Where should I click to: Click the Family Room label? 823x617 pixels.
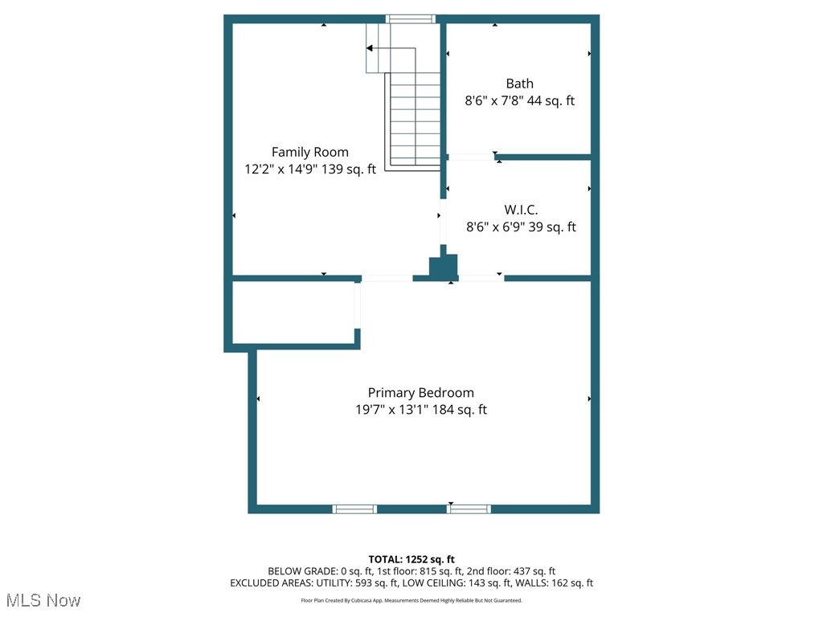pos(309,152)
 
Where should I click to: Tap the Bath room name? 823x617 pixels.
pos(520,84)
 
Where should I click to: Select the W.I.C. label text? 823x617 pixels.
pos(521,210)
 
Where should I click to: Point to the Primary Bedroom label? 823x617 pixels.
pos(421,393)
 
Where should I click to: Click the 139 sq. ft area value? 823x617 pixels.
pos(349,169)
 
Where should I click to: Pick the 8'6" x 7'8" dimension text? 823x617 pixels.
pos(493,100)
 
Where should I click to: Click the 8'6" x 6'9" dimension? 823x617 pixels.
pos(495,227)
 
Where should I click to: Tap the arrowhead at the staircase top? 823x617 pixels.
pos(370,48)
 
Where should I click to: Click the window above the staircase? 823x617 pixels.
pos(411,19)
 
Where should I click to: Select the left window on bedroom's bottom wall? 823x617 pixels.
pos(354,509)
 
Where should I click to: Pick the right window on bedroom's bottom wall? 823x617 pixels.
pos(469,509)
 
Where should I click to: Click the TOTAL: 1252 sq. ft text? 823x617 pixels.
pos(411,559)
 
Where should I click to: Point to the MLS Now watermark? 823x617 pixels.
pos(43,600)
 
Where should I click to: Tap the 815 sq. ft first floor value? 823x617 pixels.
pos(441,571)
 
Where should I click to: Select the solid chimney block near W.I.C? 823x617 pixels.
pos(444,266)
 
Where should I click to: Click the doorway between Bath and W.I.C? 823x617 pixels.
pos(471,157)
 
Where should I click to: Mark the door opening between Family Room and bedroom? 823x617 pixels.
pos(387,278)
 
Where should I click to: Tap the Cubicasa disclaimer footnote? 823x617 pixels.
pos(411,600)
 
